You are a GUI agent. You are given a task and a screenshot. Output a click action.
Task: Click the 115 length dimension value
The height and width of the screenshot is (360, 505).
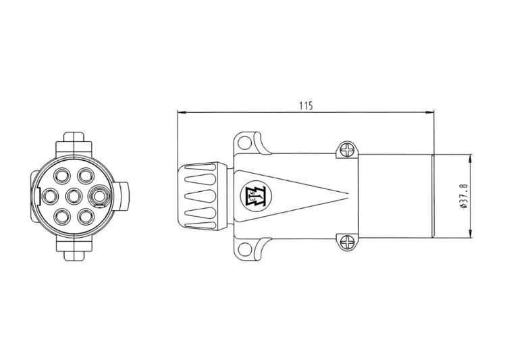(x=306, y=105)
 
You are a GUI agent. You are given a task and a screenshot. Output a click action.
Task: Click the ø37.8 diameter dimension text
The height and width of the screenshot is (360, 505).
(x=464, y=196)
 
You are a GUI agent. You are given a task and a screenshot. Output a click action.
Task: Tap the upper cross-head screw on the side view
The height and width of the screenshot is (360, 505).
(x=348, y=150)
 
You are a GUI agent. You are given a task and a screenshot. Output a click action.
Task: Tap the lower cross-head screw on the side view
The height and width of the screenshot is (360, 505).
(x=348, y=242)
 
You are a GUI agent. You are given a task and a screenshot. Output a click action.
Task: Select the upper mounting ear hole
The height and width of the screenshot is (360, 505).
(x=245, y=142)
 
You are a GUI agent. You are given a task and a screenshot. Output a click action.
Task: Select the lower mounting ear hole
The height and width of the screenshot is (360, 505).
(x=245, y=249)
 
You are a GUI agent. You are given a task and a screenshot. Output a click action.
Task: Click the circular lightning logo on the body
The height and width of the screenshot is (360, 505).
(x=257, y=196)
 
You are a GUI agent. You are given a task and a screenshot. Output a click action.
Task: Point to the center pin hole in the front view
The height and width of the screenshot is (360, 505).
(x=74, y=196)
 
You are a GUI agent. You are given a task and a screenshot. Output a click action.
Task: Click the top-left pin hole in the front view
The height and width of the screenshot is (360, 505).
(x=62, y=176)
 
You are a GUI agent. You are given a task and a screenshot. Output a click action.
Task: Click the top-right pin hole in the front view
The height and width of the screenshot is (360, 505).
(x=86, y=176)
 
